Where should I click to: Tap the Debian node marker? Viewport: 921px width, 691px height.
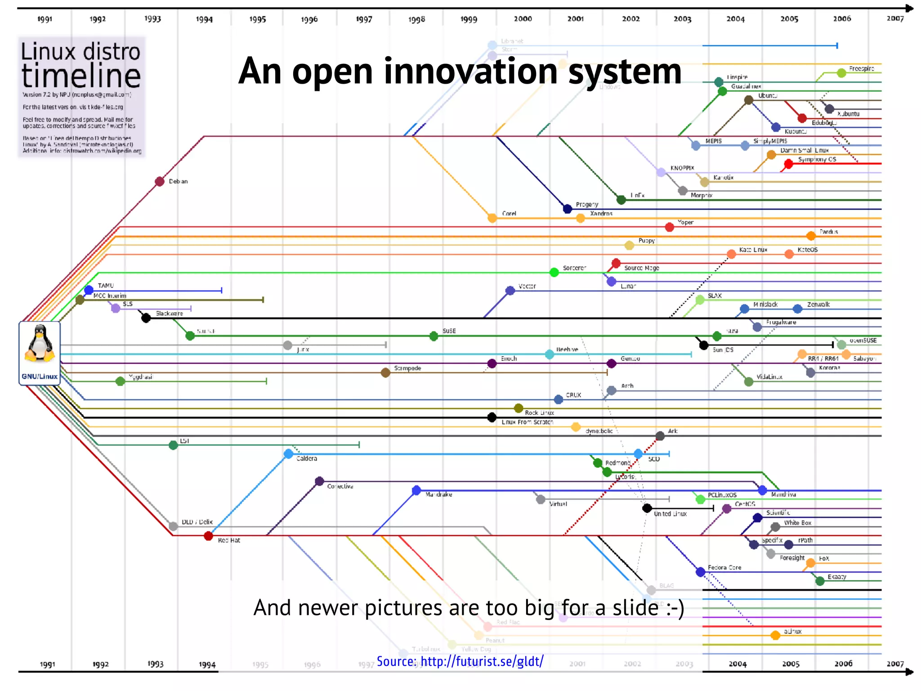tap(159, 181)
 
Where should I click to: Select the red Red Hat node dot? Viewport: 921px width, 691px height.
tap(208, 536)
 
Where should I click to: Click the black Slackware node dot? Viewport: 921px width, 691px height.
tap(146, 318)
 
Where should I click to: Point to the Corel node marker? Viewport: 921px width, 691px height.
tap(492, 218)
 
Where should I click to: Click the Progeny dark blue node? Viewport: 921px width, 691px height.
tap(568, 209)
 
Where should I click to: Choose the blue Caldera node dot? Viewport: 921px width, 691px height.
tap(288, 454)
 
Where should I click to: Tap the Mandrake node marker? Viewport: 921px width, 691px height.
tap(416, 490)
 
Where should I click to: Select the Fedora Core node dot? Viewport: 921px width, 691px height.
tap(700, 572)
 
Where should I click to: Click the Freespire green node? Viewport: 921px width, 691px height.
tap(841, 73)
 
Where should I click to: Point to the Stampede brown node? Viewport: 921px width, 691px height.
tap(385, 372)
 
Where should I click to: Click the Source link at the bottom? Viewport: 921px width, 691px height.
tap(460, 661)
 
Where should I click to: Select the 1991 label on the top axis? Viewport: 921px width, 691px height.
tap(45, 19)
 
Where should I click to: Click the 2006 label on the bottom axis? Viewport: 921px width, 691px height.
tap(843, 664)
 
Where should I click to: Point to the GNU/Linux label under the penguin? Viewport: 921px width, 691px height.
tap(40, 377)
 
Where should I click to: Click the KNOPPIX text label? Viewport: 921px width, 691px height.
tap(682, 168)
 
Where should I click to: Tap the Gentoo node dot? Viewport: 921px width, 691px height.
tap(611, 363)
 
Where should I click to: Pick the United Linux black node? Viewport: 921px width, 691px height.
tap(647, 508)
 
